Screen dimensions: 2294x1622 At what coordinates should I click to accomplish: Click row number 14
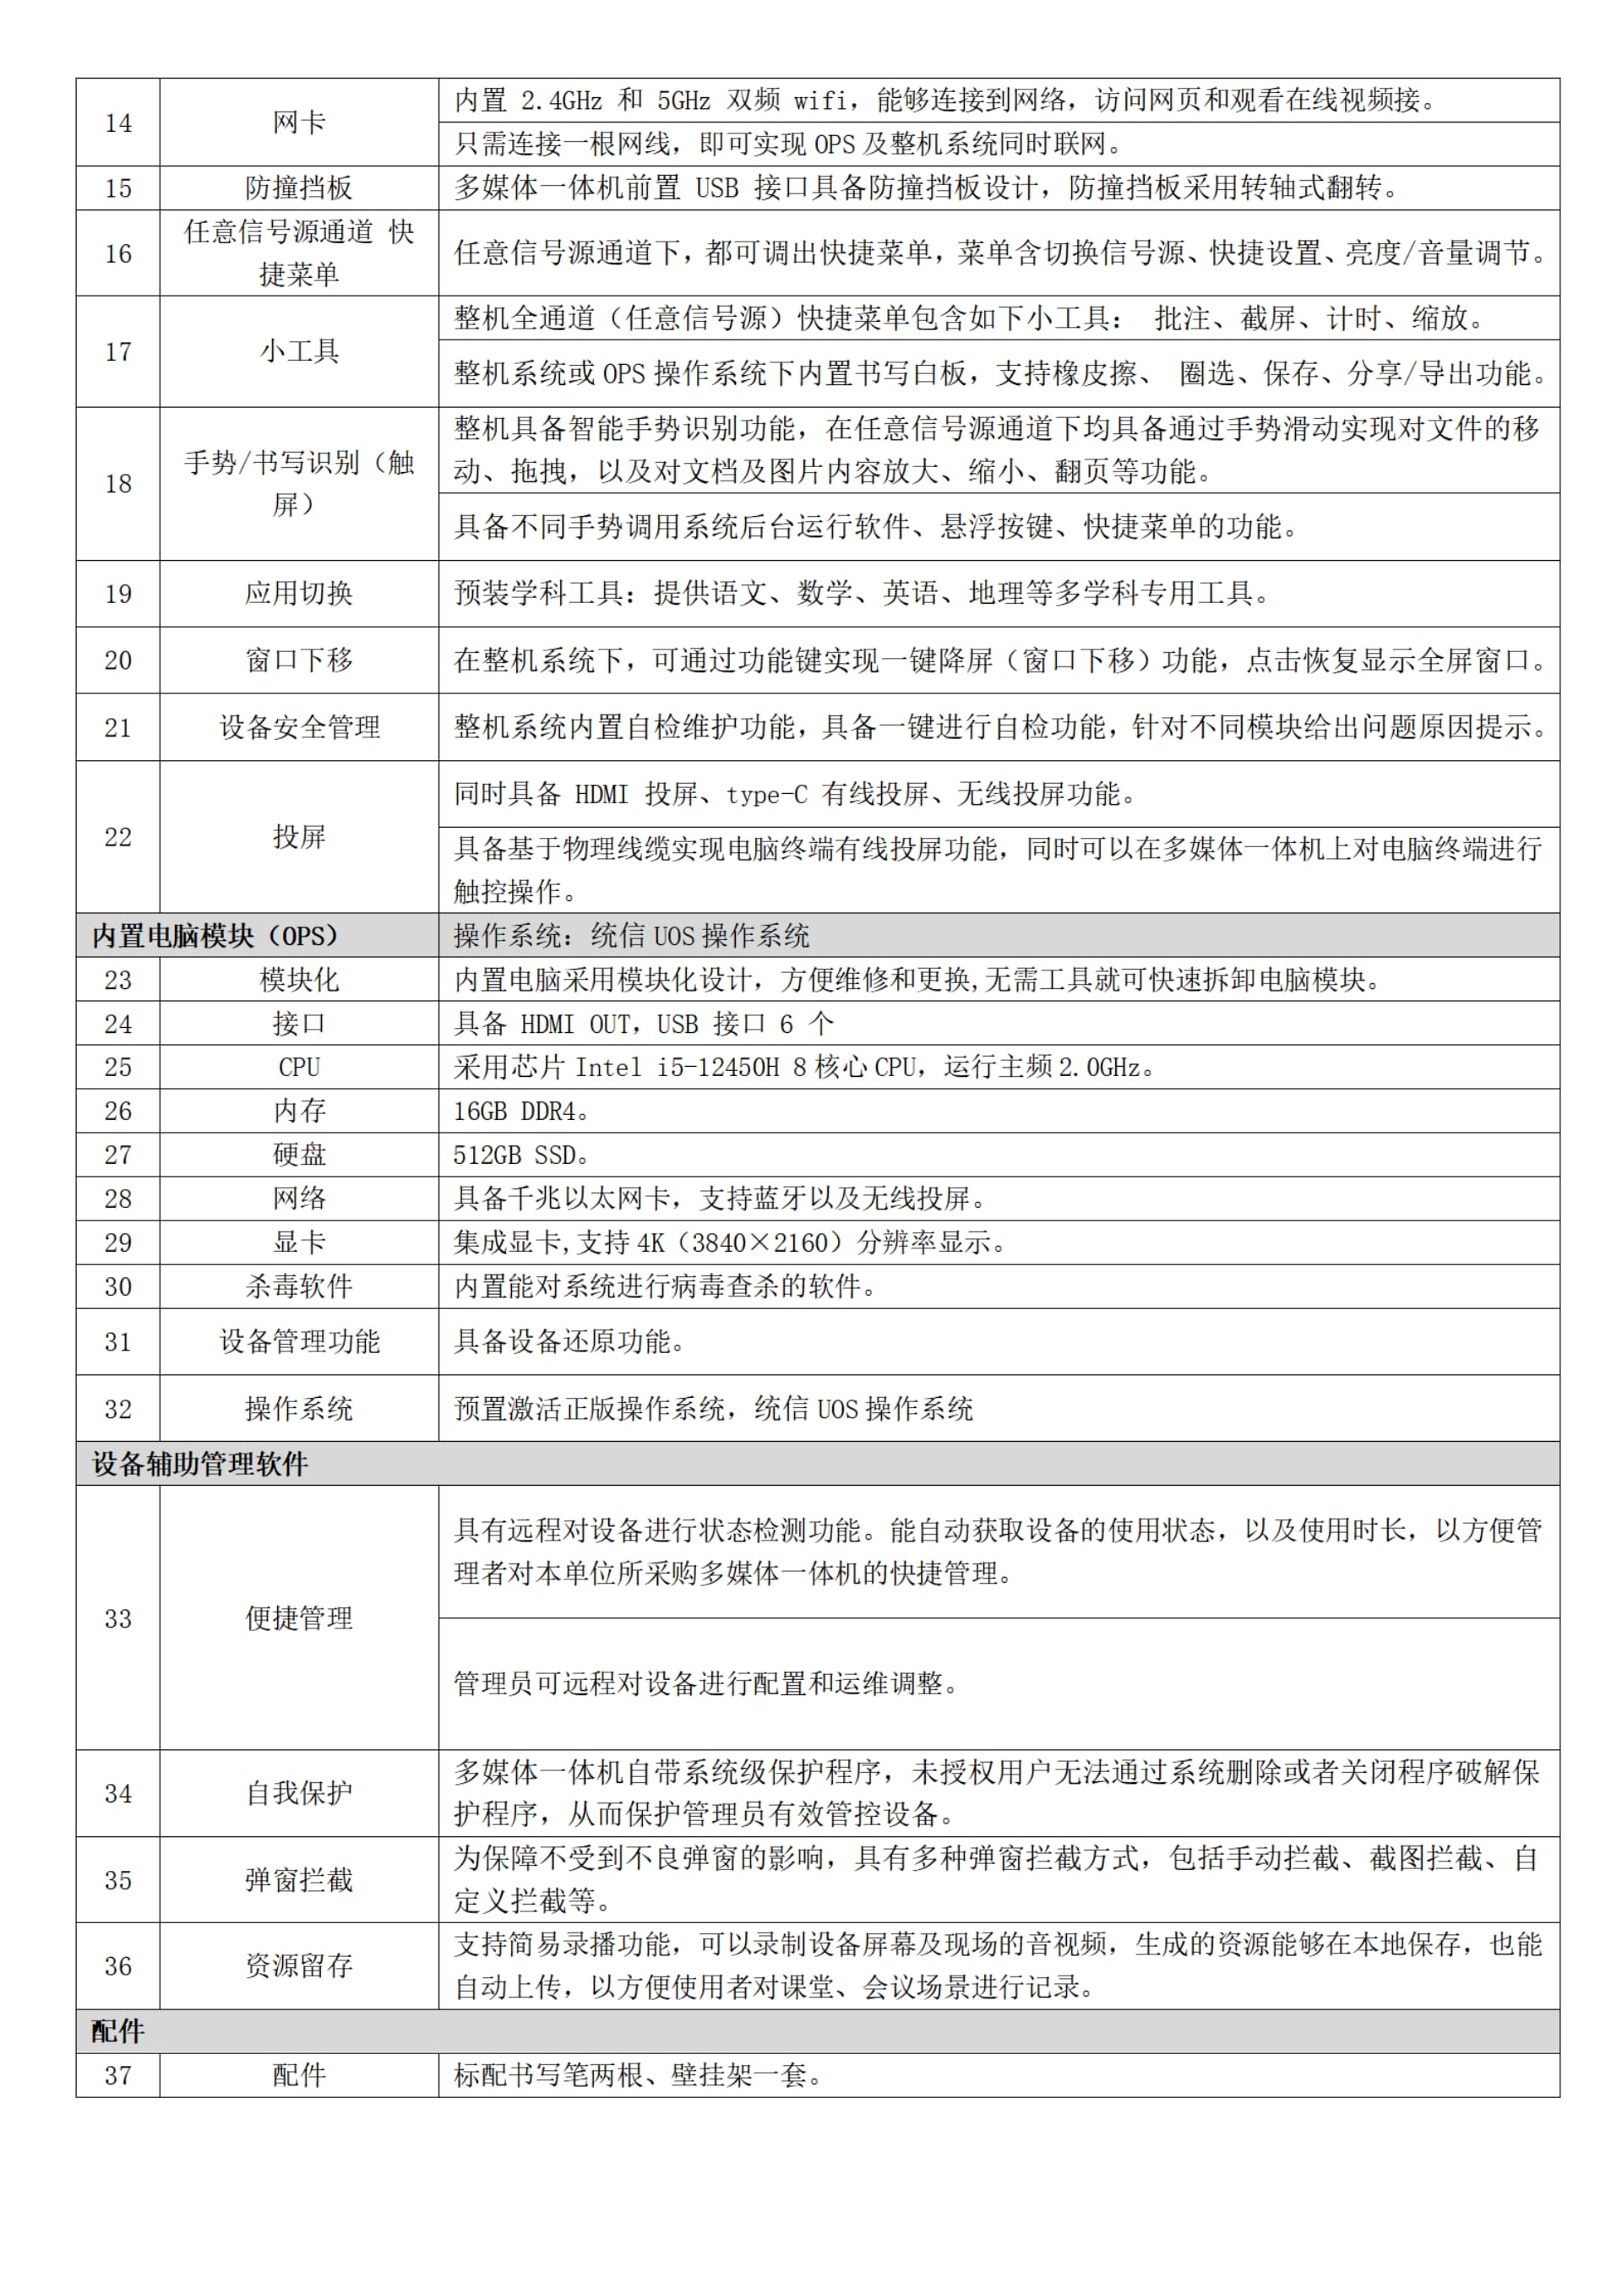tap(118, 123)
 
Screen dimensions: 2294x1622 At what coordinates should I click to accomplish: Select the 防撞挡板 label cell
tap(299, 188)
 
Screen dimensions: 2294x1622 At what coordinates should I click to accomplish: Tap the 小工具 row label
tap(299, 351)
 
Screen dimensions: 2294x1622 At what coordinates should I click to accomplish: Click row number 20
tap(118, 660)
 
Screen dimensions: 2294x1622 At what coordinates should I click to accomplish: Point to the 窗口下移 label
tap(299, 660)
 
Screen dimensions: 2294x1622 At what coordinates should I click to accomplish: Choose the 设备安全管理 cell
tap(299, 727)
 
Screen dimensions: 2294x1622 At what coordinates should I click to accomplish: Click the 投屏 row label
tap(299, 836)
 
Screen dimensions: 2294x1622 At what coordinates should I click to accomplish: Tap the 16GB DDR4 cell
tap(520, 1111)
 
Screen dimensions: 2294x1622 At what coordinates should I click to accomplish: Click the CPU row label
tap(299, 1067)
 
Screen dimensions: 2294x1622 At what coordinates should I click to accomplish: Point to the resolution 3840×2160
tap(759, 1243)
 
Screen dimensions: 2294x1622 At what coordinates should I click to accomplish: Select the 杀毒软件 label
tap(299, 1287)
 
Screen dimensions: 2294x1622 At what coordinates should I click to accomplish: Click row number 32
tap(118, 1409)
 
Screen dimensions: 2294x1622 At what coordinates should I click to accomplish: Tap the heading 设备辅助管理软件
tap(200, 1464)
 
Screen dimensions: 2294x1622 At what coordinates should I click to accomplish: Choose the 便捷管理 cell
tap(299, 1617)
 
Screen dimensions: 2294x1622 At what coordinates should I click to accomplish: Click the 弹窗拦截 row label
tap(299, 1879)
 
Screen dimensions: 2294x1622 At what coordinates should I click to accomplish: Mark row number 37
tap(118, 2075)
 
